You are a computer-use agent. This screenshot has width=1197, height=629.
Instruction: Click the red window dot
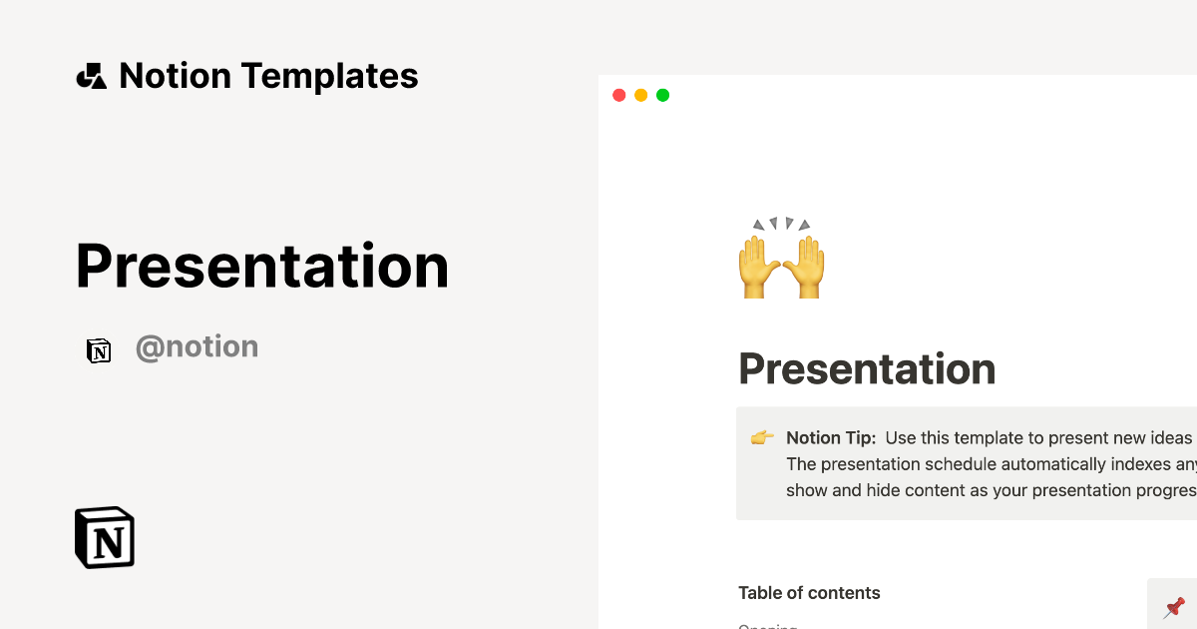[x=618, y=95]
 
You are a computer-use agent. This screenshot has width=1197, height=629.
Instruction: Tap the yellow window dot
[x=640, y=95]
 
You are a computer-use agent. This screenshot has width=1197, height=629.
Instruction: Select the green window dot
[x=662, y=95]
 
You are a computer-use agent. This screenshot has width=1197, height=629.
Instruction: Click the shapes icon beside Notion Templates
[x=91, y=76]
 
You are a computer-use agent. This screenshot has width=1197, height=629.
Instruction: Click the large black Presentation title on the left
[x=262, y=267]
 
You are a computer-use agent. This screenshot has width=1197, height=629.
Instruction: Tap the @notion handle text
[x=197, y=347]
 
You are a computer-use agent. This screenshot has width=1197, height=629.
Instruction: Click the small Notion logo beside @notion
[x=99, y=350]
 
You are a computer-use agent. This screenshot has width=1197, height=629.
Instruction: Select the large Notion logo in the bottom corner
[x=105, y=537]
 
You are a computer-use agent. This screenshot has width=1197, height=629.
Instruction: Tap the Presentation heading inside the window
[x=867, y=369]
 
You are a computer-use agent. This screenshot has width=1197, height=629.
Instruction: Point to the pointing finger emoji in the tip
[x=762, y=437]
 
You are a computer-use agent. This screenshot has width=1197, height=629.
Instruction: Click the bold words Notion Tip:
[x=831, y=438]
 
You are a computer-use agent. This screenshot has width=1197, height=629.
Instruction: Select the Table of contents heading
[x=809, y=593]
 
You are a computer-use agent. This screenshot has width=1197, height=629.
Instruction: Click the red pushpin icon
[x=1174, y=606]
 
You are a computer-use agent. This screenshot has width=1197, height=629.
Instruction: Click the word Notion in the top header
[x=175, y=76]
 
